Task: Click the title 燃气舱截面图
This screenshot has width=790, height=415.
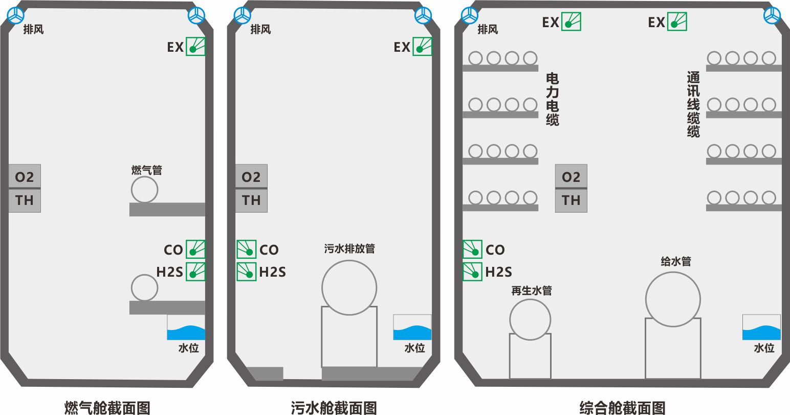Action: pyautogui.click(x=107, y=407)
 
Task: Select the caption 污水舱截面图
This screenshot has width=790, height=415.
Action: pyautogui.click(x=334, y=407)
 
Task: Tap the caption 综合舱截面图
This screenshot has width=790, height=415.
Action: pyautogui.click(x=622, y=407)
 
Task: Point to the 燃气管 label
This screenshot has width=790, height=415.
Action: pyautogui.click(x=147, y=170)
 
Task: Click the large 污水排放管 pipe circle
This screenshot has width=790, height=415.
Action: pyautogui.click(x=349, y=287)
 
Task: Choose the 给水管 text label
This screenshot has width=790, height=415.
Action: pyautogui.click(x=675, y=261)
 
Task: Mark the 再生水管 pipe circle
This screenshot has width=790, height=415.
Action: pyautogui.click(x=530, y=320)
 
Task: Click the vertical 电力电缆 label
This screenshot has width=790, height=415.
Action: pyautogui.click(x=553, y=99)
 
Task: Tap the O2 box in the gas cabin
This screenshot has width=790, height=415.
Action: pyautogui.click(x=25, y=177)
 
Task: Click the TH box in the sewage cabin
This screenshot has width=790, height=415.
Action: pyautogui.click(x=251, y=200)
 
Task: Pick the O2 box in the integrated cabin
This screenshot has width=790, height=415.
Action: pyautogui.click(x=571, y=177)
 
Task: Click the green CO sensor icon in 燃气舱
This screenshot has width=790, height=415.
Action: pyautogui.click(x=195, y=250)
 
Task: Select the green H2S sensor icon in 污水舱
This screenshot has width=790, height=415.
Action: pyautogui.click(x=246, y=272)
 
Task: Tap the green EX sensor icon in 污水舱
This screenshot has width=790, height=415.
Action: pyautogui.click(x=422, y=47)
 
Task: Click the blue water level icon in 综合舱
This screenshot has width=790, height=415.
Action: pyautogui.click(x=761, y=328)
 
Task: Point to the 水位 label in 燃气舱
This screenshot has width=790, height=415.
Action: pyautogui.click(x=188, y=348)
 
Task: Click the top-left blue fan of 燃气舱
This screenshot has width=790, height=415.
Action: pyautogui.click(x=15, y=15)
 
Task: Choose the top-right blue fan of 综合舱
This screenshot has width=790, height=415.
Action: pyautogui.click(x=772, y=15)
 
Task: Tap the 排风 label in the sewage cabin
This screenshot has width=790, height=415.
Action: pyautogui.click(x=260, y=29)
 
